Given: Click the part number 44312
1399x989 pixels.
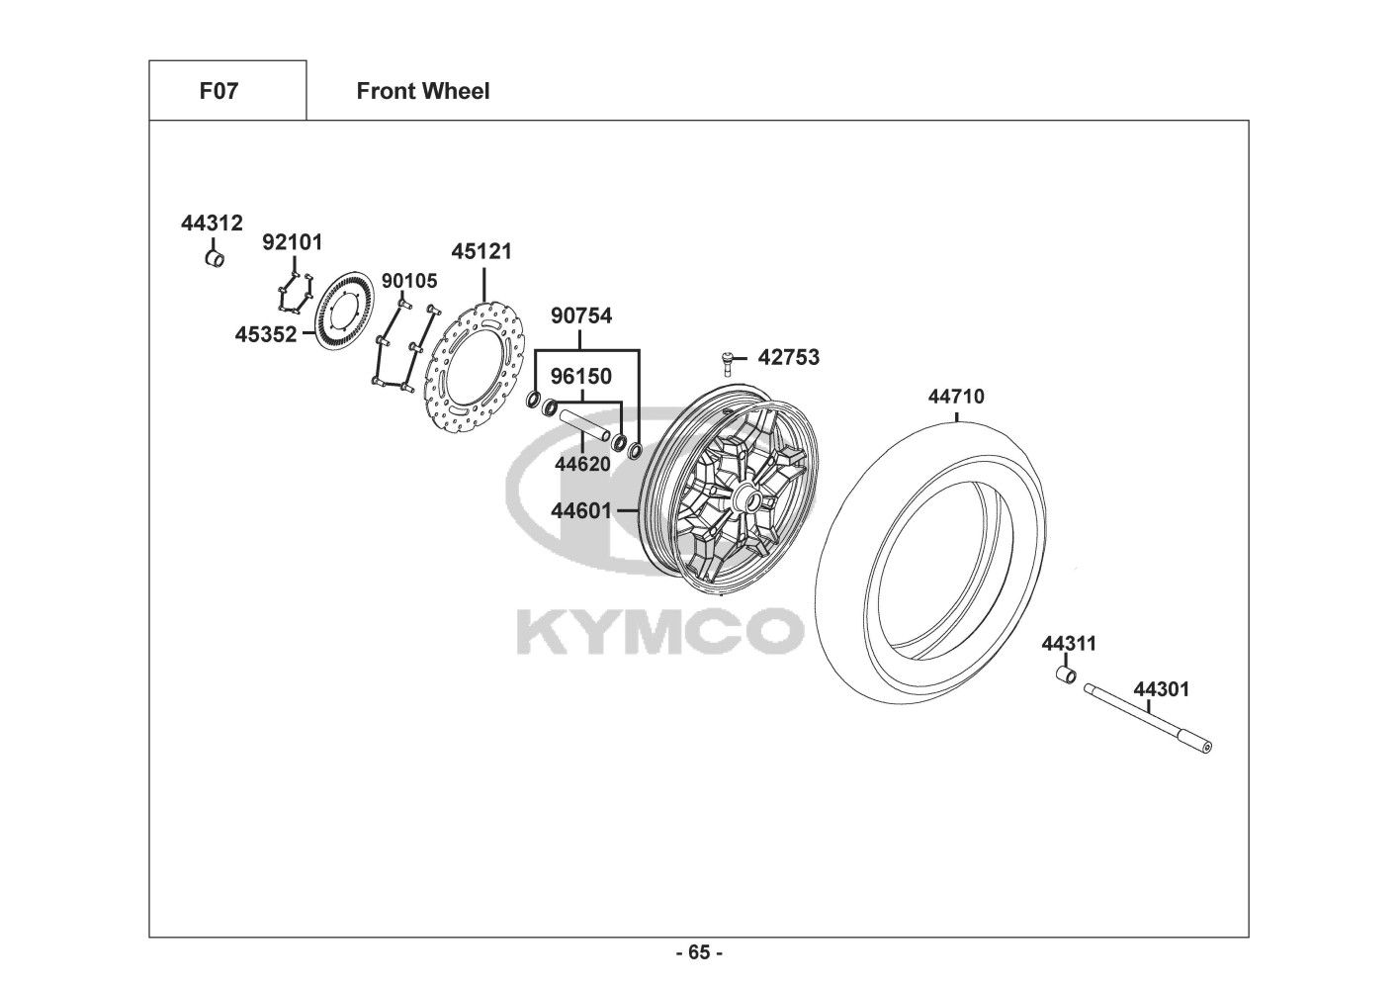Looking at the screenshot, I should (212, 224).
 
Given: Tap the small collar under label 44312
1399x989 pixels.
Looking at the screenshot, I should (215, 259).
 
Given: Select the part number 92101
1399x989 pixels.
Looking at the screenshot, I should (292, 242).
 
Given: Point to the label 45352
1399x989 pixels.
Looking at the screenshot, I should (265, 334).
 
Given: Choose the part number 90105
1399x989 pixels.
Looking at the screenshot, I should (409, 281).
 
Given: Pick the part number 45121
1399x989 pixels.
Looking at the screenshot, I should (481, 251).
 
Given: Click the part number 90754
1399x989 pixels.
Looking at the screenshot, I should (581, 316).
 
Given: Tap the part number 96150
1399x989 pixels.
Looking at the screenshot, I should (581, 376).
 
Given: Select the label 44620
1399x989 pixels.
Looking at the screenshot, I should (581, 463).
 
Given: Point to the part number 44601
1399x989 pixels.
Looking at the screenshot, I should (581, 510).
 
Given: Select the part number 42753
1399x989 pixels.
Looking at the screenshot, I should (789, 357).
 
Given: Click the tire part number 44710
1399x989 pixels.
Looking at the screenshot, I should (955, 397).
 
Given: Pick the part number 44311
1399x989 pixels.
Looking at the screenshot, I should (1069, 644).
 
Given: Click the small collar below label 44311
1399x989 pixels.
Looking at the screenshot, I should (1067, 674).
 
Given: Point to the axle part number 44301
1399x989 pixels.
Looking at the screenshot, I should (1162, 688).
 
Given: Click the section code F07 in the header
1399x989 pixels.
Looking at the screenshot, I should (219, 91).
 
